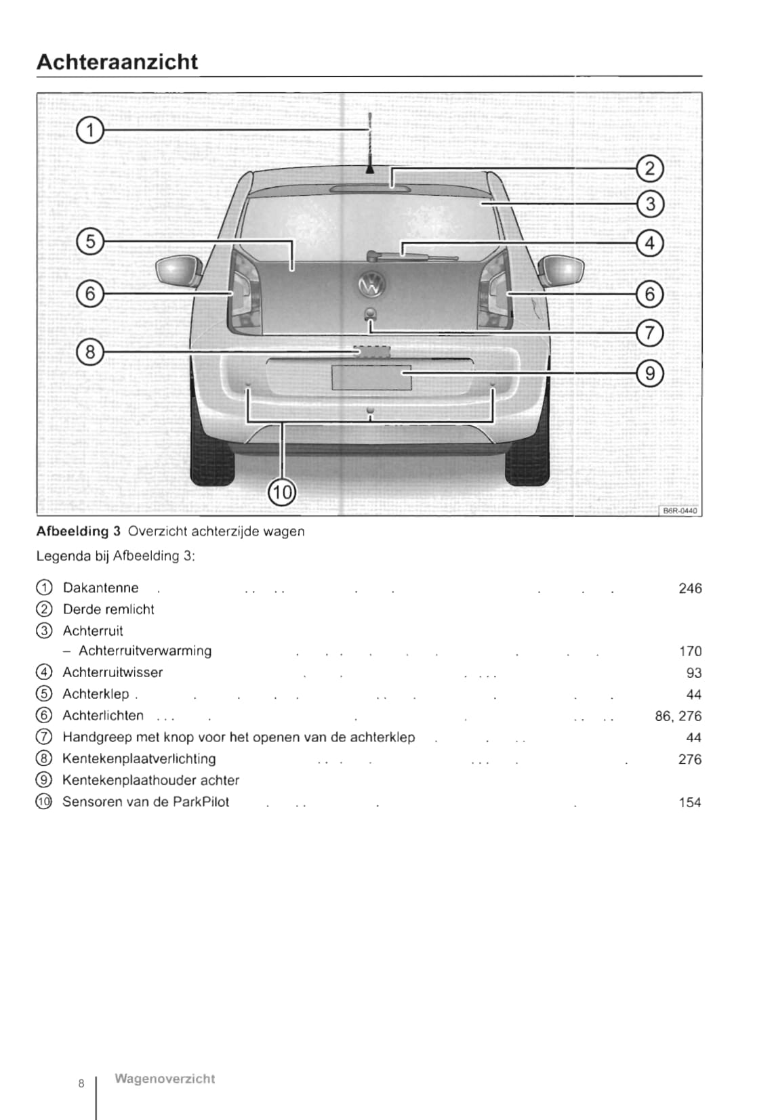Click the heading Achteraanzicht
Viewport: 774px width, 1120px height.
pyautogui.click(x=117, y=62)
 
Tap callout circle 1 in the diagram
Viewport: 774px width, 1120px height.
pyautogui.click(x=89, y=129)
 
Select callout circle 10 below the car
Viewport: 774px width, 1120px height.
pyautogui.click(x=282, y=492)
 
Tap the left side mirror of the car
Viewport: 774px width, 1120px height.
pyautogui.click(x=178, y=270)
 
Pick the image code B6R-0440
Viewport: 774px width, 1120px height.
pyautogui.click(x=679, y=511)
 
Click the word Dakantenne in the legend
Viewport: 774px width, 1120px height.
pyautogui.click(x=100, y=588)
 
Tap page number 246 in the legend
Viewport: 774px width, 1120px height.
pyautogui.click(x=690, y=588)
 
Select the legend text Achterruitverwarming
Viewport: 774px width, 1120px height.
pyautogui.click(x=145, y=651)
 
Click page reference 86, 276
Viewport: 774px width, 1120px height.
pyautogui.click(x=678, y=716)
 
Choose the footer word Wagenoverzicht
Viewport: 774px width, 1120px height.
pyautogui.click(x=165, y=1079)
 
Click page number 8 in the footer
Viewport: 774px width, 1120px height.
pyautogui.click(x=81, y=1083)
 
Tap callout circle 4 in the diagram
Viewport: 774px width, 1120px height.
pyautogui.click(x=650, y=242)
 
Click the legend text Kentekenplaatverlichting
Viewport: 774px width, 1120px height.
pyautogui.click(x=139, y=759)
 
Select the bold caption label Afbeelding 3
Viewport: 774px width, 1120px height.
pyautogui.click(x=78, y=532)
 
